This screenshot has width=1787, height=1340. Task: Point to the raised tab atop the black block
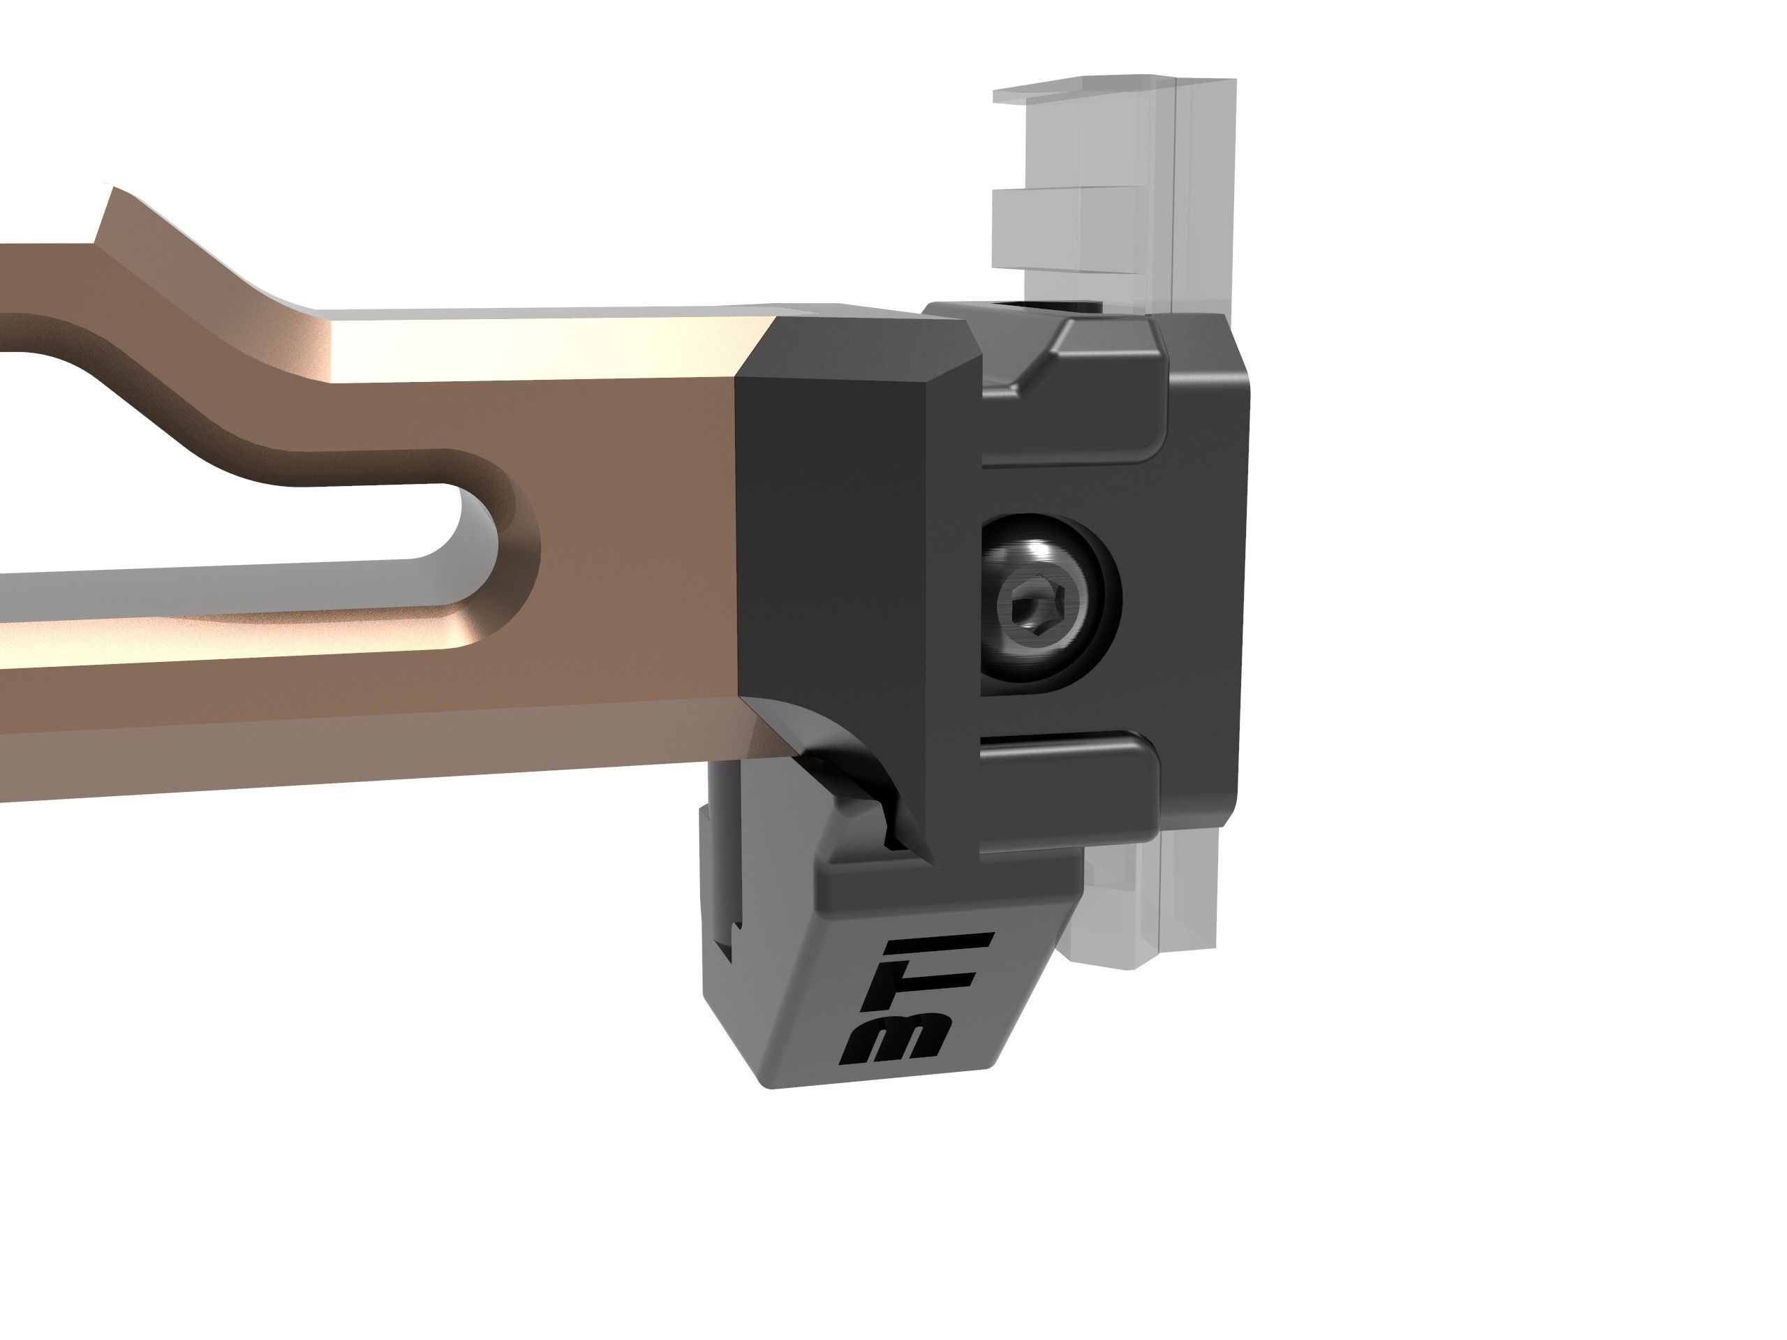click(1107, 339)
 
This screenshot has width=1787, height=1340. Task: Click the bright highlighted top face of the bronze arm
click(525, 348)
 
